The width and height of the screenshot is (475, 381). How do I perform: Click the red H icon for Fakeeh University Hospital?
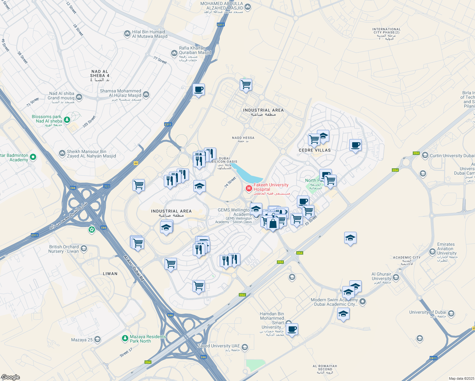click(249, 188)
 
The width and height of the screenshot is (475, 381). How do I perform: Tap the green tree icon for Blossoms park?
click(67, 120)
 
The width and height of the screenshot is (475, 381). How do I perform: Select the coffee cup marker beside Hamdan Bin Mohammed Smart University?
click(292, 329)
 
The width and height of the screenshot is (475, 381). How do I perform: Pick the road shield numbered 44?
click(136, 163)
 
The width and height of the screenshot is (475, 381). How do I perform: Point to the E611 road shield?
click(433, 358)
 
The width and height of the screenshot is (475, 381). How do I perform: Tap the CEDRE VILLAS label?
click(315, 150)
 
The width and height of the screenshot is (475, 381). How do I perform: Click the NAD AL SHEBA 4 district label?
click(100, 76)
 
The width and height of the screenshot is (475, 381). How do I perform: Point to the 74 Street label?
click(231, 182)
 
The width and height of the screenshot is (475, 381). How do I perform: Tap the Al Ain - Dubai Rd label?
click(134, 268)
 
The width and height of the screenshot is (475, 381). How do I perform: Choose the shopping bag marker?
click(273, 224)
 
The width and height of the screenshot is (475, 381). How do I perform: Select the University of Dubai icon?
click(451, 314)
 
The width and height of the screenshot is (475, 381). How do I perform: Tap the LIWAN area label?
click(110, 274)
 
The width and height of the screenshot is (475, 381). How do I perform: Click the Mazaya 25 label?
click(82, 340)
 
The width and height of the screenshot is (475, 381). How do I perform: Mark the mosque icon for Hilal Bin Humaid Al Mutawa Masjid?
click(127, 34)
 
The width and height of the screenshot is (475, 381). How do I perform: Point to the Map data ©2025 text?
click(460, 378)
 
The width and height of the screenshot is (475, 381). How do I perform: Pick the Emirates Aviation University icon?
click(432, 252)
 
